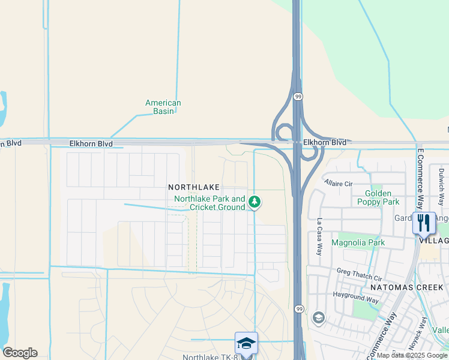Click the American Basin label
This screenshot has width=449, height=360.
pyautogui.click(x=163, y=107)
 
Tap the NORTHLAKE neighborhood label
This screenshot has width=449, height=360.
pyautogui.click(x=194, y=187)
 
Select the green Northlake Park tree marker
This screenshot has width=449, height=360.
pyautogui.click(x=255, y=202)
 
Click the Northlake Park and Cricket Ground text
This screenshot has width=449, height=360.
pyautogui.click(x=209, y=203)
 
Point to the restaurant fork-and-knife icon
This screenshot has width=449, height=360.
pyautogui.click(x=424, y=223)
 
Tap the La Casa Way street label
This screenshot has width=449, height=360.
pyautogui.click(x=319, y=236)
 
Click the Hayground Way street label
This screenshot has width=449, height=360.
pyautogui.click(x=356, y=297)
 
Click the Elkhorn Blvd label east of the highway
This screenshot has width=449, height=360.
pyautogui.click(x=325, y=142)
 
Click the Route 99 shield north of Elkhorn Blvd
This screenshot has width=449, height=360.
pyautogui.click(x=298, y=96)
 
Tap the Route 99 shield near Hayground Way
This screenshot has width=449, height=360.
pyautogui.click(x=298, y=308)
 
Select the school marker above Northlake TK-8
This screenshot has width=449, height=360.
pyautogui.click(x=246, y=343)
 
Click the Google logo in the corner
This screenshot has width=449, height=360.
pyautogui.click(x=20, y=353)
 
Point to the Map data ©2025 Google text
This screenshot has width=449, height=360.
pyautogui.click(x=412, y=355)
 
